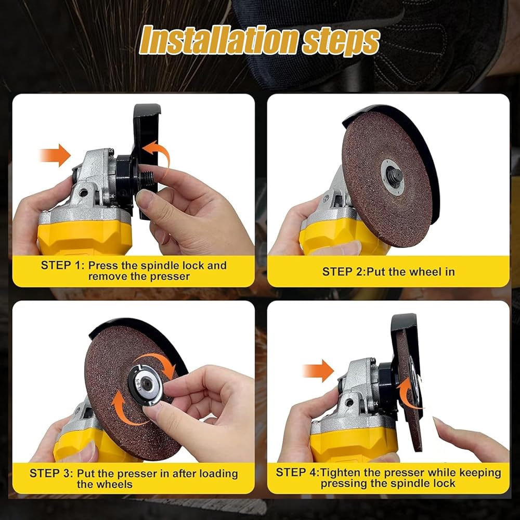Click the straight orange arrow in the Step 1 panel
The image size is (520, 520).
(55, 155)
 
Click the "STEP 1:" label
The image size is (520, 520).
(63, 265)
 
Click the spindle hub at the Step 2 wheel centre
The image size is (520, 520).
(394, 175)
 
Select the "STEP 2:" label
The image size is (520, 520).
(344, 272)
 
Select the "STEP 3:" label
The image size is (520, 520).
(51, 473)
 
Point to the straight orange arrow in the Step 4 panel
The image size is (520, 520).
(318, 370)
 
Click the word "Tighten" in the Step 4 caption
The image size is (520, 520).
(339, 473)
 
